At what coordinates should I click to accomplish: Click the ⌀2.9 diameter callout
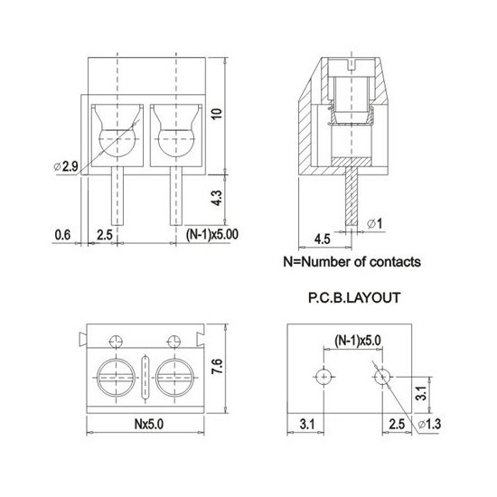tap(66, 166)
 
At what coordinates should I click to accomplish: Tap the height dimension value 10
tap(217, 114)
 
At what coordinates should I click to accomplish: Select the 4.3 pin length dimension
tap(217, 198)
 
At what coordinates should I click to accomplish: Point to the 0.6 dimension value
tap(62, 235)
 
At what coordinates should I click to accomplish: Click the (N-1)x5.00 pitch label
tap(212, 235)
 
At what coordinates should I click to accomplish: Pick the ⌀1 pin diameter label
tap(375, 224)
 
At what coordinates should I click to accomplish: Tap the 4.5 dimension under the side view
tap(323, 239)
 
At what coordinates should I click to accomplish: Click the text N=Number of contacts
tap(352, 262)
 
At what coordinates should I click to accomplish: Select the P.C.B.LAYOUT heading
tap(354, 298)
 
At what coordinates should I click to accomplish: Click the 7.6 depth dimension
tap(217, 366)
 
